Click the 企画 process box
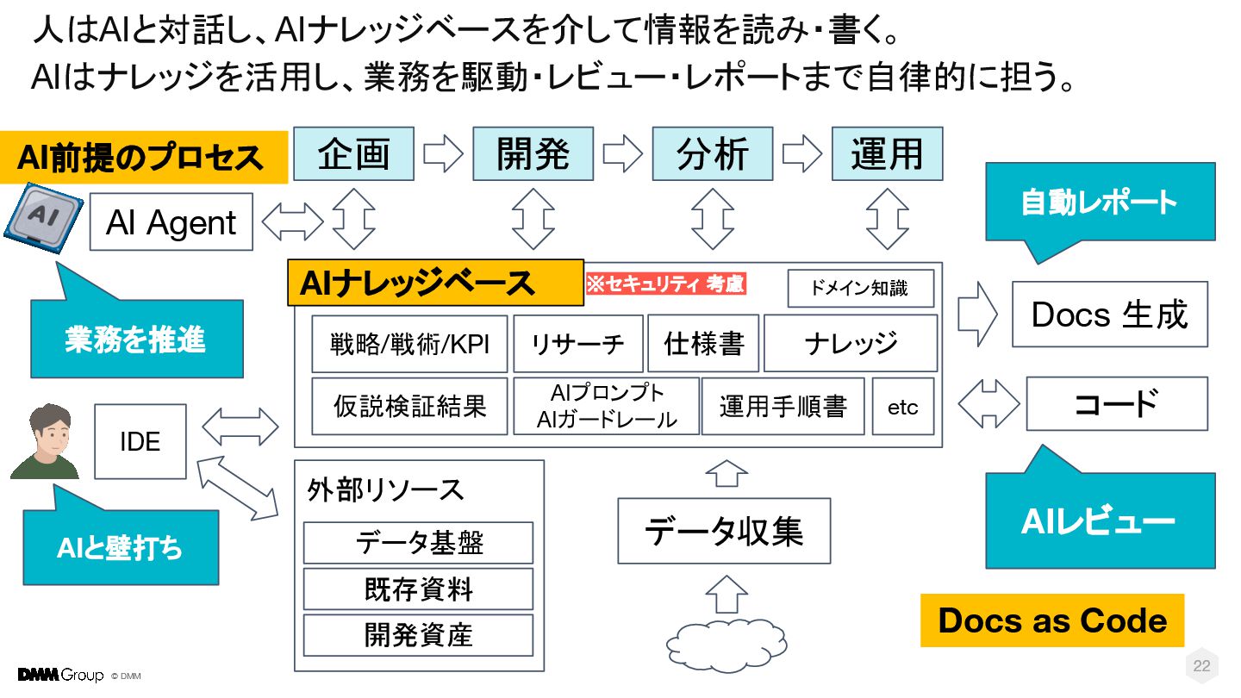(354, 154)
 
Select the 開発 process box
(533, 154)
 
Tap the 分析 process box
(712, 154)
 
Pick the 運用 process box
(887, 154)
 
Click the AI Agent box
(171, 222)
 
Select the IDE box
(140, 441)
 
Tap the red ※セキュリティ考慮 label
(665, 284)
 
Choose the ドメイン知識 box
(860, 289)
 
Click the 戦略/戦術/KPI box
(409, 344)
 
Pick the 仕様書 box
(703, 344)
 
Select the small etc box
(903, 407)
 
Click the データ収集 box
(724, 531)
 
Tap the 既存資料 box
(418, 589)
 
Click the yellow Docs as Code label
(1052, 620)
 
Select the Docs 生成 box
(1109, 315)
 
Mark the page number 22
(1201, 666)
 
